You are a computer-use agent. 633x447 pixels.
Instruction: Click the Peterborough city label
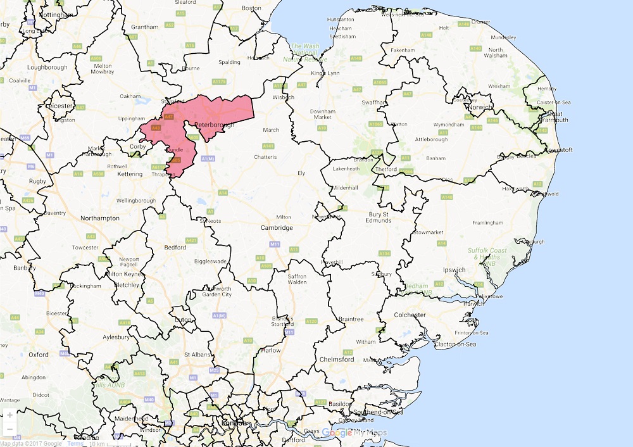[215, 125]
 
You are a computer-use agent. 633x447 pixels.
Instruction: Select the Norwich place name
[479, 107]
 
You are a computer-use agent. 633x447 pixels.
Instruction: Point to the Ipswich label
[454, 270]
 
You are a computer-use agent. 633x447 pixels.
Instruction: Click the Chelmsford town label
[338, 359]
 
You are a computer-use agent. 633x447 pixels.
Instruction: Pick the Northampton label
[99, 218]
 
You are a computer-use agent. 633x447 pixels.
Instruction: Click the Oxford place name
[38, 355]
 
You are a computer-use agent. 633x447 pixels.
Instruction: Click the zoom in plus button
[9, 415]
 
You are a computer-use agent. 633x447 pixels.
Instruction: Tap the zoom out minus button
[9, 430]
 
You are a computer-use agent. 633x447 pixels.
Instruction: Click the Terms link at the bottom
[75, 443]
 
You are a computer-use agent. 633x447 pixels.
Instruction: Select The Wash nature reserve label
[306, 53]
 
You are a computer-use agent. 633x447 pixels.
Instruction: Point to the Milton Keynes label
[124, 274]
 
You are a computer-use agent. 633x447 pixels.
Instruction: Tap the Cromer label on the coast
[480, 22]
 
